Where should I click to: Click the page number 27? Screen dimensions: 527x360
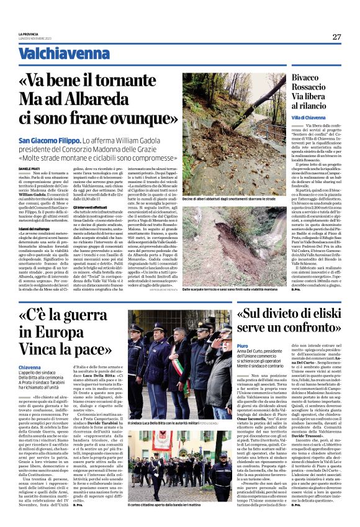(x=336, y=37)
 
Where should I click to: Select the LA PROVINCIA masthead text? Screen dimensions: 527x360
(x=28, y=35)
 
